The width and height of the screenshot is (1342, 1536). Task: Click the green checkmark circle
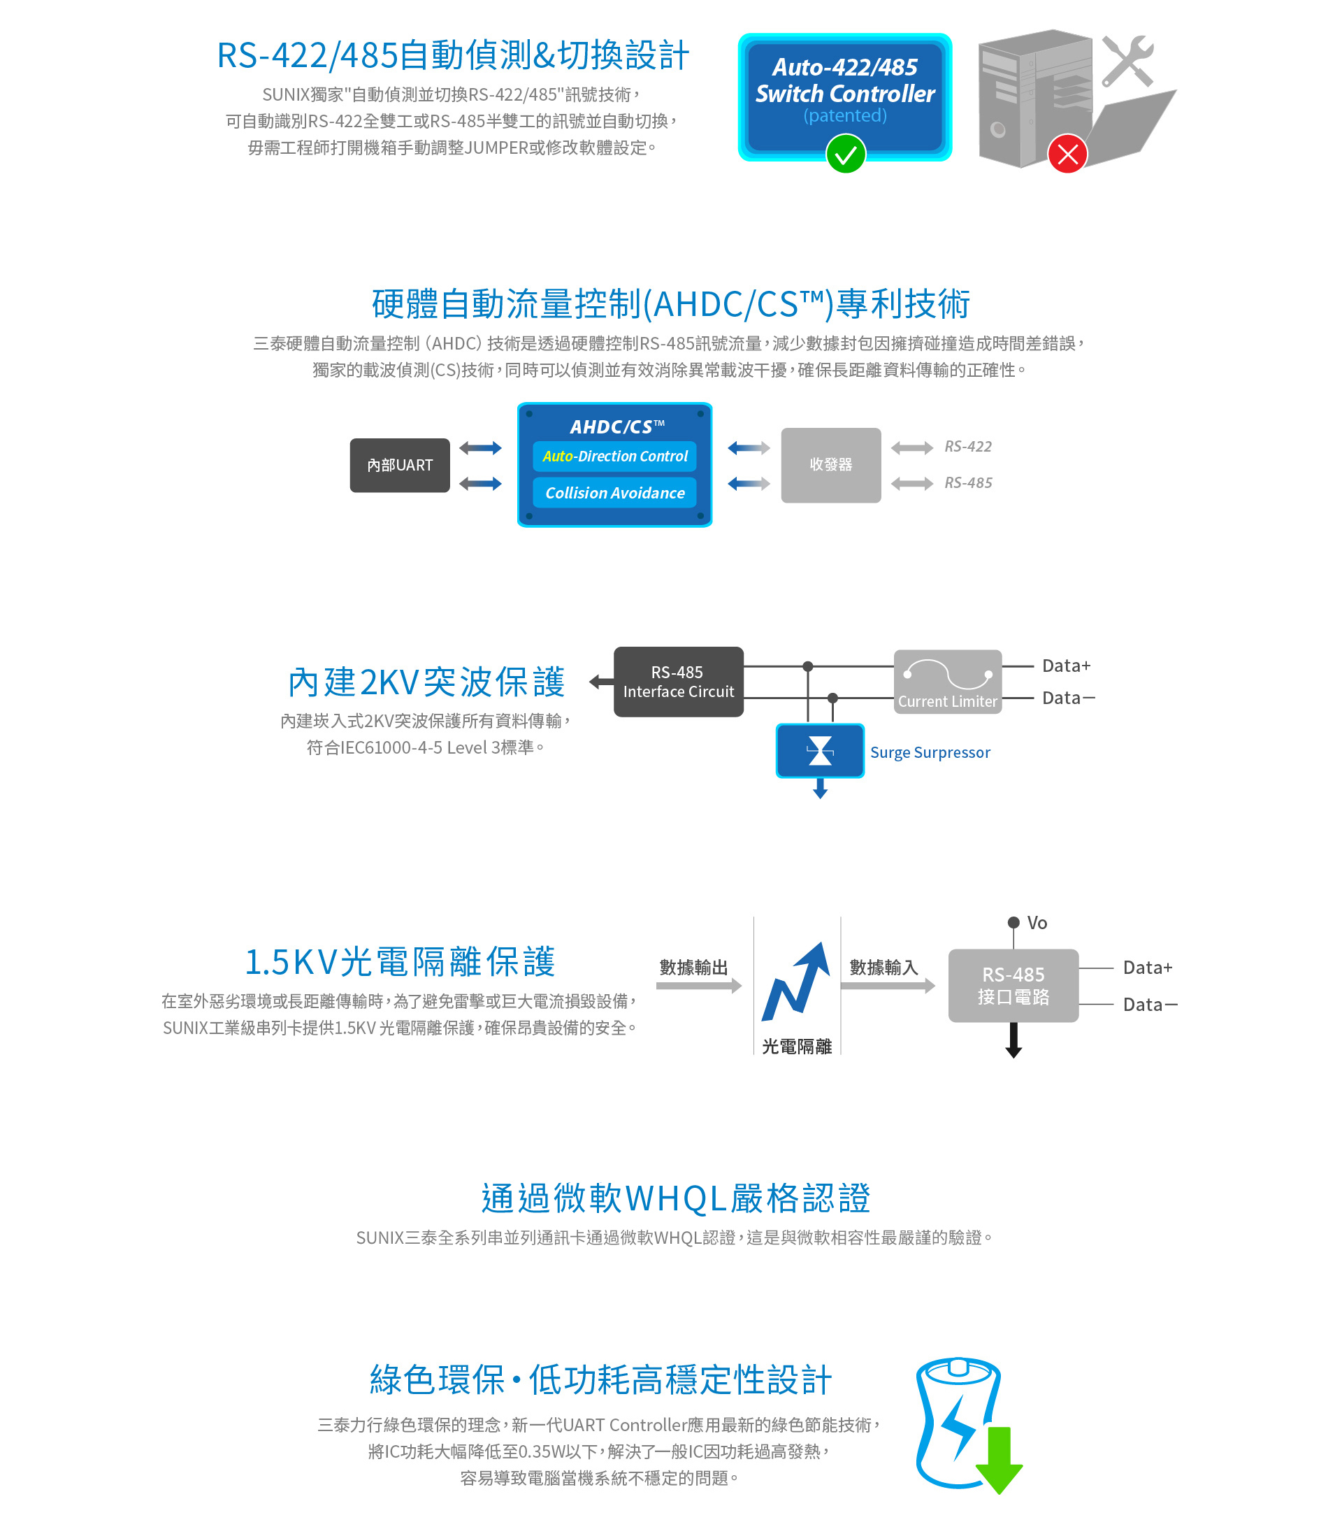846,155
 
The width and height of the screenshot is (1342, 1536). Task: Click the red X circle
1067,155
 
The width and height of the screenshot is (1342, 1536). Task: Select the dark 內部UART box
400,465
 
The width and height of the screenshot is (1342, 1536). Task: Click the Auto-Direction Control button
615,456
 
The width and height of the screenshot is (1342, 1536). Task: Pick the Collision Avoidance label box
615,493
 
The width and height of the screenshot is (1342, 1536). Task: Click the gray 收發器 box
830,465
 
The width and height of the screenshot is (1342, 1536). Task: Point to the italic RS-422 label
967,447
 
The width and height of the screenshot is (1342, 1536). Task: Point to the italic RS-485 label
967,483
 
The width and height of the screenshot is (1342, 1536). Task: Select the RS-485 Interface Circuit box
679,682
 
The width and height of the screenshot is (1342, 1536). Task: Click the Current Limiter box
947,682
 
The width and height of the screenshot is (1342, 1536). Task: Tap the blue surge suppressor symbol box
820,750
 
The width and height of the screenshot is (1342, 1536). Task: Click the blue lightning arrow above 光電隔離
796,981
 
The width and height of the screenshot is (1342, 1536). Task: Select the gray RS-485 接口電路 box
1013,986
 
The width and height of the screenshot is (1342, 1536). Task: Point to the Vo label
1037,923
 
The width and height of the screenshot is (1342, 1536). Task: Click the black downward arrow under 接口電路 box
1014,1040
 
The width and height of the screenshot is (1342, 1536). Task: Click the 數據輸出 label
693,968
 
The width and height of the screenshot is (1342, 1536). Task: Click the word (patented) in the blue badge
845,115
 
